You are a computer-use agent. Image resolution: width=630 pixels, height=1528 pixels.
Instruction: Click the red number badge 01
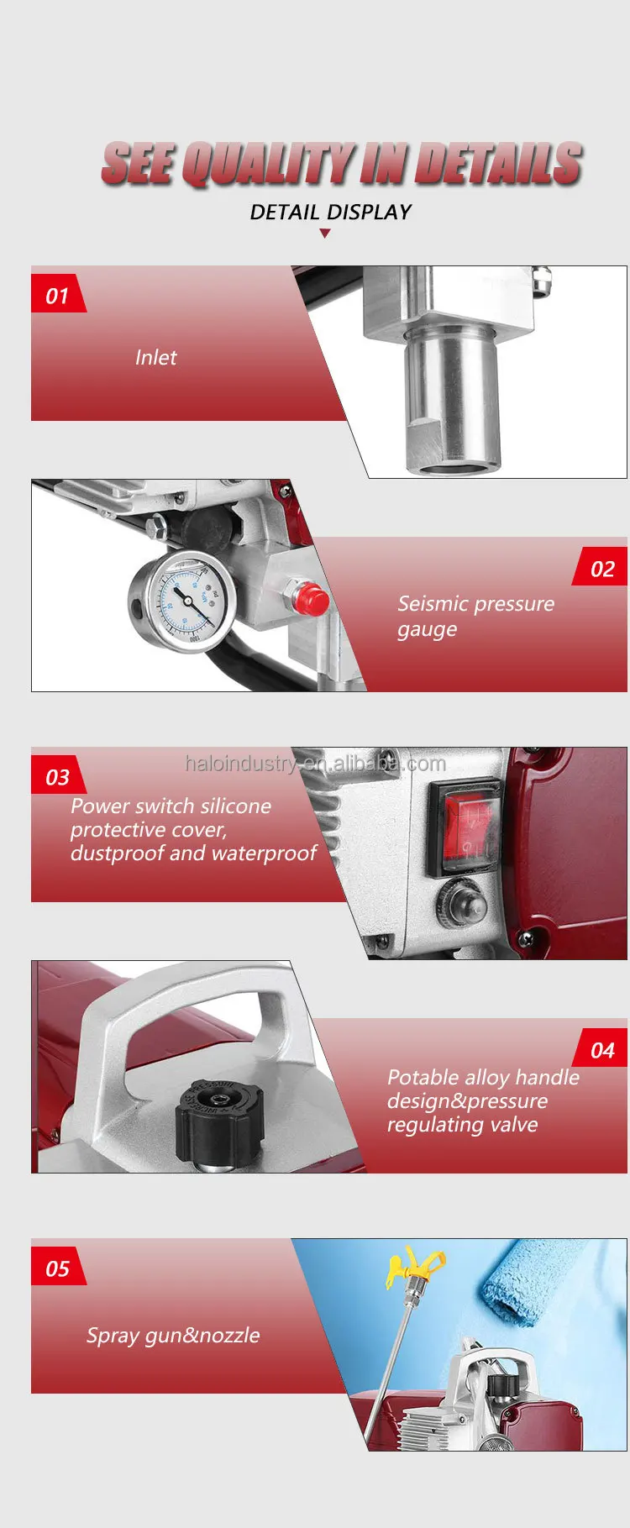[57, 296]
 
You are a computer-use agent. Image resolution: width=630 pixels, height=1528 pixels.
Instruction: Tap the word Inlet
[155, 358]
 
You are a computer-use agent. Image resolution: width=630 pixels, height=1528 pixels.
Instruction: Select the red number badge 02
[602, 569]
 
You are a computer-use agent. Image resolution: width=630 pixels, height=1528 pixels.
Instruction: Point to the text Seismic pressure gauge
[475, 616]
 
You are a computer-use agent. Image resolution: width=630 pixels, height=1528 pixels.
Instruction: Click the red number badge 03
[57, 777]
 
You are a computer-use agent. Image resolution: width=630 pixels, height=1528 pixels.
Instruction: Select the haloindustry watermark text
[315, 764]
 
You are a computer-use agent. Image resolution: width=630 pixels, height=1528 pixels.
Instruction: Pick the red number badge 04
[602, 1050]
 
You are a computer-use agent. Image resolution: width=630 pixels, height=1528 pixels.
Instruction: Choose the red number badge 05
[57, 1268]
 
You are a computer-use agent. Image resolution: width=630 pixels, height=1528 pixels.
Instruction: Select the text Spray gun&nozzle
[173, 1336]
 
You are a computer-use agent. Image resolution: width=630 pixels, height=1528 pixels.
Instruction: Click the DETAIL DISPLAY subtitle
[330, 213]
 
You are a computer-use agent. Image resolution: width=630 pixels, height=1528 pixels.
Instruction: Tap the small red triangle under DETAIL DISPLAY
[325, 234]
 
